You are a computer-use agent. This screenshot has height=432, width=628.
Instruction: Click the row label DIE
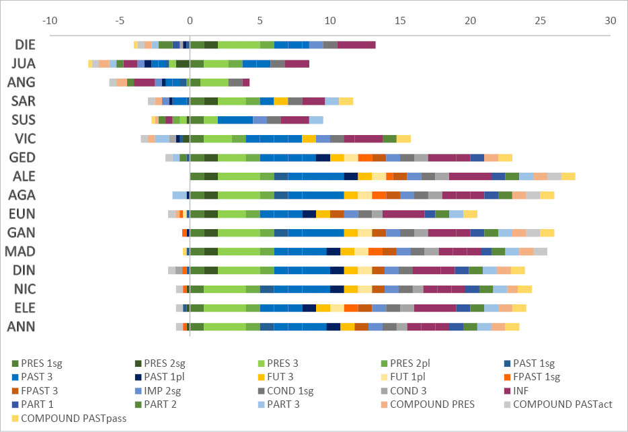[26, 45]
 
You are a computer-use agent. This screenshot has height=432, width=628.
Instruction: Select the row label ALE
[26, 177]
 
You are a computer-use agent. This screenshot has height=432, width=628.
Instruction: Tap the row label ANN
[26, 327]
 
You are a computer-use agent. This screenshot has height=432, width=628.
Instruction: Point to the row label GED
[26, 158]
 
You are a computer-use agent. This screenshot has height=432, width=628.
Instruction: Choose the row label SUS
[26, 120]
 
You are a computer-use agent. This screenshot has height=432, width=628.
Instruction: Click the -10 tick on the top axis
[49, 20]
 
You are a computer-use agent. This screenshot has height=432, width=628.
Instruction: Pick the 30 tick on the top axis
[610, 20]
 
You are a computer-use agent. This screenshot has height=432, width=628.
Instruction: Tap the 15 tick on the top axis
[399, 20]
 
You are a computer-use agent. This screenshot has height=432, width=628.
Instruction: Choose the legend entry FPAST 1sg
[531, 377]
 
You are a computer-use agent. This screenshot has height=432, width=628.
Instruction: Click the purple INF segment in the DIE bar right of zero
[356, 45]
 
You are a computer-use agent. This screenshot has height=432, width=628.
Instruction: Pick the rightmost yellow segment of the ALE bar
[568, 177]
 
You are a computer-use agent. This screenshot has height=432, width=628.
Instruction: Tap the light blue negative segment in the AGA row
[179, 196]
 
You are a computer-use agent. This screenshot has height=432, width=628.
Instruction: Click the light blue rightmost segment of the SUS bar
[316, 120]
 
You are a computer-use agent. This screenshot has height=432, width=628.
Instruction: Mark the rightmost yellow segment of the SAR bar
[346, 101]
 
